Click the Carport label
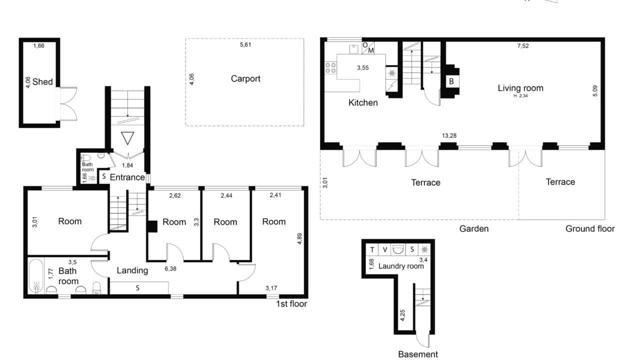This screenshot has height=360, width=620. pyautogui.click(x=245, y=79)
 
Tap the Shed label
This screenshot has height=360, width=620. pyautogui.click(x=42, y=81)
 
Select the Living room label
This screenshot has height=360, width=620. pyautogui.click(x=520, y=88)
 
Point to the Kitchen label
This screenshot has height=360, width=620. pyautogui.click(x=363, y=102)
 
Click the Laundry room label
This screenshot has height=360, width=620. pyautogui.click(x=401, y=266)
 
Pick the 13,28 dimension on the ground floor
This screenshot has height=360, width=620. pyautogui.click(x=449, y=135)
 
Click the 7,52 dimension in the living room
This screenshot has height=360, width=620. pyautogui.click(x=523, y=46)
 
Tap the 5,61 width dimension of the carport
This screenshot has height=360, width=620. pyautogui.click(x=245, y=44)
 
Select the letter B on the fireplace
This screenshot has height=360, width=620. pyautogui.click(x=451, y=81)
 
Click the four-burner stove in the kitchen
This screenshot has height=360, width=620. pyautogui.click(x=330, y=68)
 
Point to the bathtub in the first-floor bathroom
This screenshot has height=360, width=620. pyautogui.click(x=35, y=276)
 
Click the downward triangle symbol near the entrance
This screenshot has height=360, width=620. pyautogui.click(x=127, y=138)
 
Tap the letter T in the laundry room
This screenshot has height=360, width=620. pyautogui.click(x=372, y=250)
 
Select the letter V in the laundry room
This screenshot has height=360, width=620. pyautogui.click(x=384, y=250)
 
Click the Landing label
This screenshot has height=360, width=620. pyautogui.click(x=132, y=270)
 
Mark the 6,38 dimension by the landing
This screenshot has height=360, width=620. pyautogui.click(x=170, y=268)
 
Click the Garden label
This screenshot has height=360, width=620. pyautogui.click(x=474, y=229)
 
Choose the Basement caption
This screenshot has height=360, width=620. pyautogui.click(x=418, y=354)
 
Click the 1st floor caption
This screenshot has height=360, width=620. pyautogui.click(x=291, y=304)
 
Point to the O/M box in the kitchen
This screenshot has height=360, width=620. pyautogui.click(x=368, y=48)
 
